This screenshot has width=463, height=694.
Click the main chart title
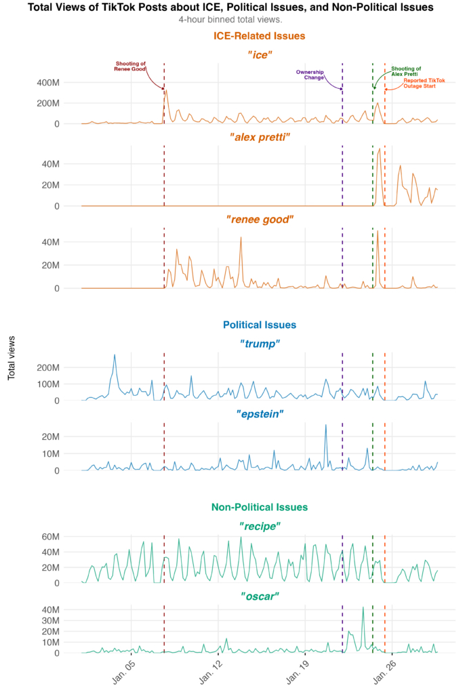[231, 7]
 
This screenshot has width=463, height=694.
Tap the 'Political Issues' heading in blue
[260, 325]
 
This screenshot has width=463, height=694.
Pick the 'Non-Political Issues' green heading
[260, 507]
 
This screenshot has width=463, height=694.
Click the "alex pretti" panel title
[260, 137]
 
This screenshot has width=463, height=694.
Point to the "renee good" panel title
[260, 220]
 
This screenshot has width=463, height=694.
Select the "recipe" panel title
[260, 525]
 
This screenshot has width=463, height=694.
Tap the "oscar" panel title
[260, 596]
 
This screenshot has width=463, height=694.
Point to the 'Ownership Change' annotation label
[310, 75]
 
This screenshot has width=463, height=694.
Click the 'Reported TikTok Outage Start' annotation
[424, 83]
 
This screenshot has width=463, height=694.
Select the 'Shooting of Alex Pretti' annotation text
[406, 71]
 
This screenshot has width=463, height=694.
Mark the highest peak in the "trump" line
[115, 354]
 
